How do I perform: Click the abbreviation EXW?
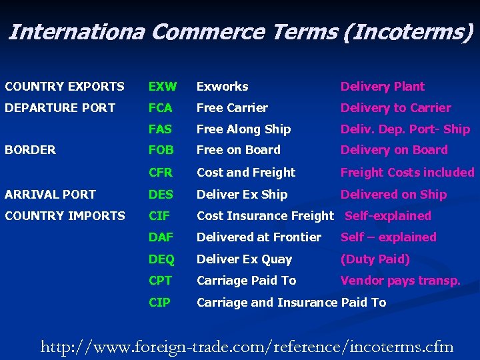(x=163, y=87)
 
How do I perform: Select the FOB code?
(x=161, y=150)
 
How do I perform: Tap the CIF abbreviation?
(x=160, y=215)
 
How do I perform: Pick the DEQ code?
(x=161, y=259)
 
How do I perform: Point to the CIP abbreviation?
(x=160, y=302)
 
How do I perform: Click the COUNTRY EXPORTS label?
(x=65, y=87)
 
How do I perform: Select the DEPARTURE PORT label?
(x=60, y=108)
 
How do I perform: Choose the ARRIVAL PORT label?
(x=50, y=195)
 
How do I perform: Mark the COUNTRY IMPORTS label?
(x=65, y=215)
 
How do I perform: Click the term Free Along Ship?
(x=243, y=129)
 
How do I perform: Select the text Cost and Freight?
(x=246, y=172)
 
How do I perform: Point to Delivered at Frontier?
(x=259, y=237)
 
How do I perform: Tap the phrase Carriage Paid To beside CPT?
(x=246, y=281)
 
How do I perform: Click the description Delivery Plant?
(x=382, y=87)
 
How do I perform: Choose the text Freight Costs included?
(x=407, y=172)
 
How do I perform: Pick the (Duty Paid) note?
(x=375, y=259)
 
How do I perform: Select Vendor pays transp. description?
(x=400, y=281)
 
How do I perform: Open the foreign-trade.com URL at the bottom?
(x=247, y=347)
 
